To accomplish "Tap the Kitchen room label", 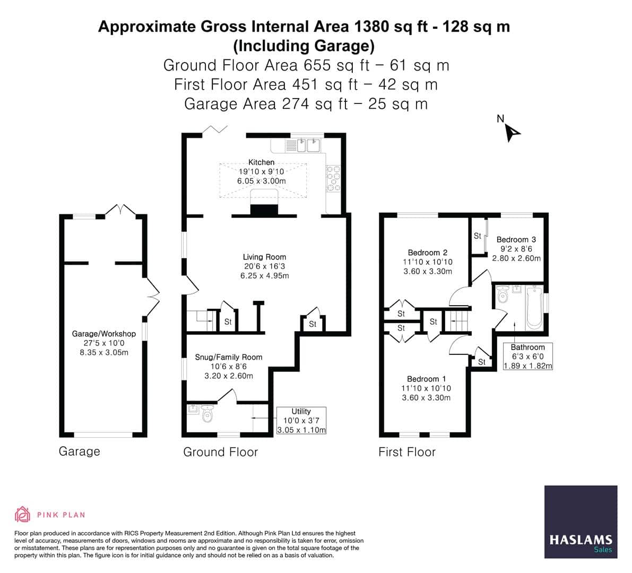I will [x=262, y=162].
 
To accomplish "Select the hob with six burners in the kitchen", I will [x=333, y=178].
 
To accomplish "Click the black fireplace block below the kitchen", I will [x=264, y=210].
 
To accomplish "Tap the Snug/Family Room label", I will [x=229, y=357].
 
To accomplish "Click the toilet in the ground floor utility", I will [x=207, y=414].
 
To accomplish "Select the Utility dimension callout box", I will [x=301, y=421].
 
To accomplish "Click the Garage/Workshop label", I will [x=104, y=334].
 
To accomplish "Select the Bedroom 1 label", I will [x=426, y=379].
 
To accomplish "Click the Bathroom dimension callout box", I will [x=527, y=356].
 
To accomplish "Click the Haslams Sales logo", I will [x=581, y=522].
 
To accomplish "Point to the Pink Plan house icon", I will [x=22, y=514].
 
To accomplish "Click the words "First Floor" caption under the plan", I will [x=406, y=452].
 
